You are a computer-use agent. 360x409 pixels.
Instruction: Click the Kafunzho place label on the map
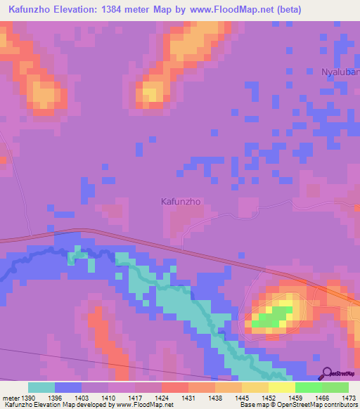click(x=181, y=201)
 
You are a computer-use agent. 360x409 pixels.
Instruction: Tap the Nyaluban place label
click(x=340, y=72)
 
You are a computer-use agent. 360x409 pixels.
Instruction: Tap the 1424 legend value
click(x=162, y=398)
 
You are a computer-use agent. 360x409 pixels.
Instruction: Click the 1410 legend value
click(x=110, y=398)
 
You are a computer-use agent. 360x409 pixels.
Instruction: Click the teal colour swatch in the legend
click(x=41, y=387)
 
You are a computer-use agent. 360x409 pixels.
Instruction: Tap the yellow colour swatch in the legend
click(x=281, y=387)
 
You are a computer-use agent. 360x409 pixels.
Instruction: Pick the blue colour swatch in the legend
click(x=68, y=387)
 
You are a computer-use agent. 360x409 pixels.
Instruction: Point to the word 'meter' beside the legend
click(x=11, y=398)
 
